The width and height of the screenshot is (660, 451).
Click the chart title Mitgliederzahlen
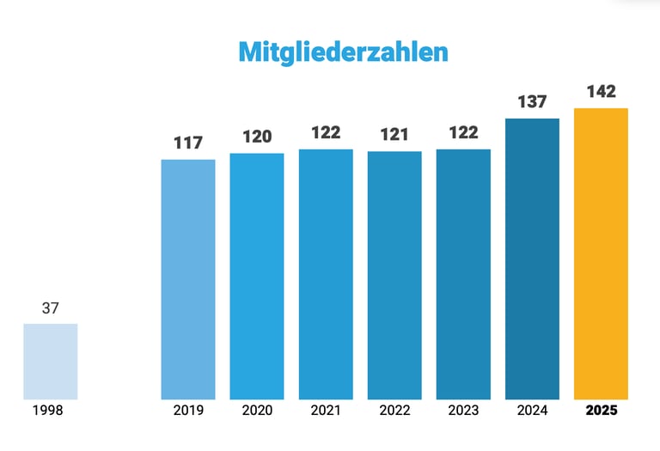[x=343, y=51]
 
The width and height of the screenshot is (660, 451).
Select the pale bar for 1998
[x=50, y=361]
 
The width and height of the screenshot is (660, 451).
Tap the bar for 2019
[x=188, y=279]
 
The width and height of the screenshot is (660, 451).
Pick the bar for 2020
[x=257, y=276]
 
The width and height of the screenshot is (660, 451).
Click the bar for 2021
[x=326, y=274]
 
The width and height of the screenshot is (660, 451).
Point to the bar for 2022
[x=394, y=275]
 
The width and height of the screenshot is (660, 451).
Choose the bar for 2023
[x=463, y=274]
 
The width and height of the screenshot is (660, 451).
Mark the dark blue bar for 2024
[x=532, y=259]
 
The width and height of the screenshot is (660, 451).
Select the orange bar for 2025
[x=601, y=253]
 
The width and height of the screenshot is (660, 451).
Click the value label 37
[x=50, y=308]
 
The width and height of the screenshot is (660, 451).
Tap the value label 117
[x=188, y=143]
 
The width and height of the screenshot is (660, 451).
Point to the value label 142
[x=601, y=91]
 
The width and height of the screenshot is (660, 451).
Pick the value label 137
[x=532, y=101]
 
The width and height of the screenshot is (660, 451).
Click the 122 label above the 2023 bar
[x=463, y=133]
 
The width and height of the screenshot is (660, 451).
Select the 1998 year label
[x=48, y=411]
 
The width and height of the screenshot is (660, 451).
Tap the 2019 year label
[x=188, y=411]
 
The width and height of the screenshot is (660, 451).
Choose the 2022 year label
[x=394, y=411]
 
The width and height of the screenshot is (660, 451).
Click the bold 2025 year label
[x=601, y=411]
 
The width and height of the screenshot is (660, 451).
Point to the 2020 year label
[x=257, y=411]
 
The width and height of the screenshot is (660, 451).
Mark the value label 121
[x=394, y=135]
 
